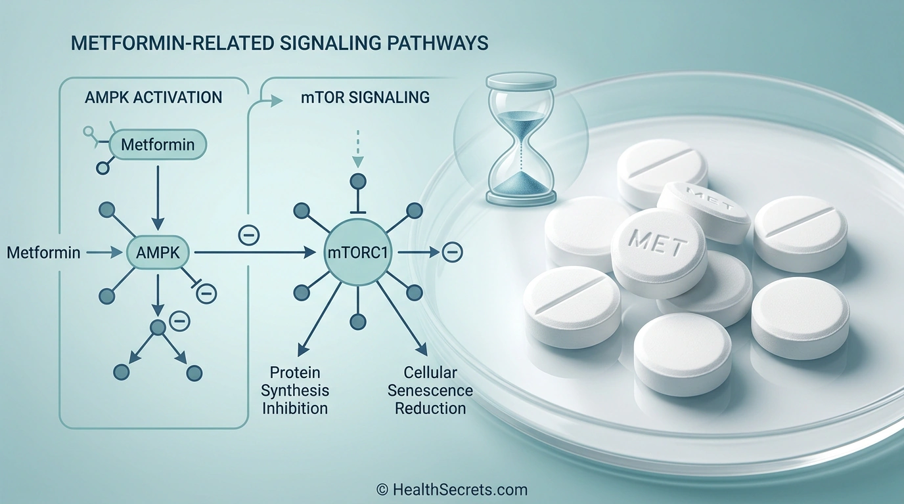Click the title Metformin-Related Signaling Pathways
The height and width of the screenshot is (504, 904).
279,43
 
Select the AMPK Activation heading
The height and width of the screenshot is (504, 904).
154,98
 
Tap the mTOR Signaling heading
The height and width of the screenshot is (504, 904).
359,98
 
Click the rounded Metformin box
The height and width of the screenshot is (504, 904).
158,144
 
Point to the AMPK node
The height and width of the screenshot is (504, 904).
158,251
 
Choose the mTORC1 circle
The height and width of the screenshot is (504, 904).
358,251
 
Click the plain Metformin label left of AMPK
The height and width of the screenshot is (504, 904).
43,251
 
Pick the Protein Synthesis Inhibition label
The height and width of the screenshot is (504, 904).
295,390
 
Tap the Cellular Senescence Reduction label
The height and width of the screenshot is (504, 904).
430,390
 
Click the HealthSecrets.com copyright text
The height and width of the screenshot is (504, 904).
452,489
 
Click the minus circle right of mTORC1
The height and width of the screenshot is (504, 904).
452,251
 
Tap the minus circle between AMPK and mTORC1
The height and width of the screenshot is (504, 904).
249,234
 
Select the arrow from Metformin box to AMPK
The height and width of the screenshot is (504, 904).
158,194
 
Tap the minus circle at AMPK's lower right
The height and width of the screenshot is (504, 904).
206,293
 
